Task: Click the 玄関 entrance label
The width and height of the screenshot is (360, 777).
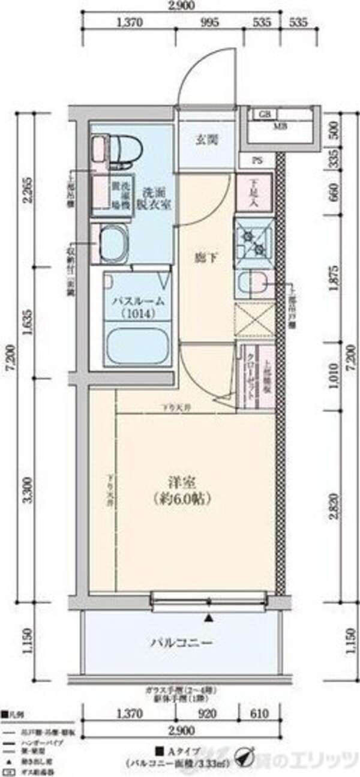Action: (x=205, y=140)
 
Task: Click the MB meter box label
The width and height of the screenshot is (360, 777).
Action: (x=280, y=126)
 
